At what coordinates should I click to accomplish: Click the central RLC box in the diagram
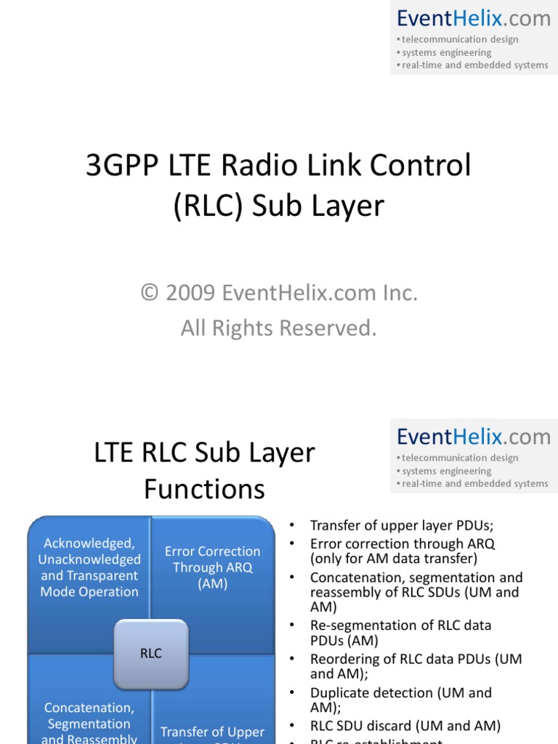click(x=150, y=653)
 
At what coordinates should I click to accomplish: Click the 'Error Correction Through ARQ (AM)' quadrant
click(x=212, y=567)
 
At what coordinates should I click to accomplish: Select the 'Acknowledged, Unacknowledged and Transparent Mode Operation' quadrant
click(x=89, y=567)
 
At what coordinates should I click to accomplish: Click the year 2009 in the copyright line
click(x=190, y=294)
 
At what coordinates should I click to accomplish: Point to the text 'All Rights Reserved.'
click(x=279, y=328)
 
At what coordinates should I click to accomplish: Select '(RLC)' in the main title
click(x=209, y=206)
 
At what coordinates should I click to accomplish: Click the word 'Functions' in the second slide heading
click(x=204, y=489)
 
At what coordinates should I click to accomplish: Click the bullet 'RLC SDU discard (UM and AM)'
click(x=405, y=726)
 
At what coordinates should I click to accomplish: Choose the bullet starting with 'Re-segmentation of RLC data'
click(x=400, y=633)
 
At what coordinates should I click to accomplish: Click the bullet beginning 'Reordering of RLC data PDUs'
click(x=416, y=666)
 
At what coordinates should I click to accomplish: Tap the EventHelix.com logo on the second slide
click(x=474, y=437)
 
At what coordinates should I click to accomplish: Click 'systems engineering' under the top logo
click(x=446, y=52)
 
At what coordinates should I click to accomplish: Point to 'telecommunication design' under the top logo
click(x=460, y=39)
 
